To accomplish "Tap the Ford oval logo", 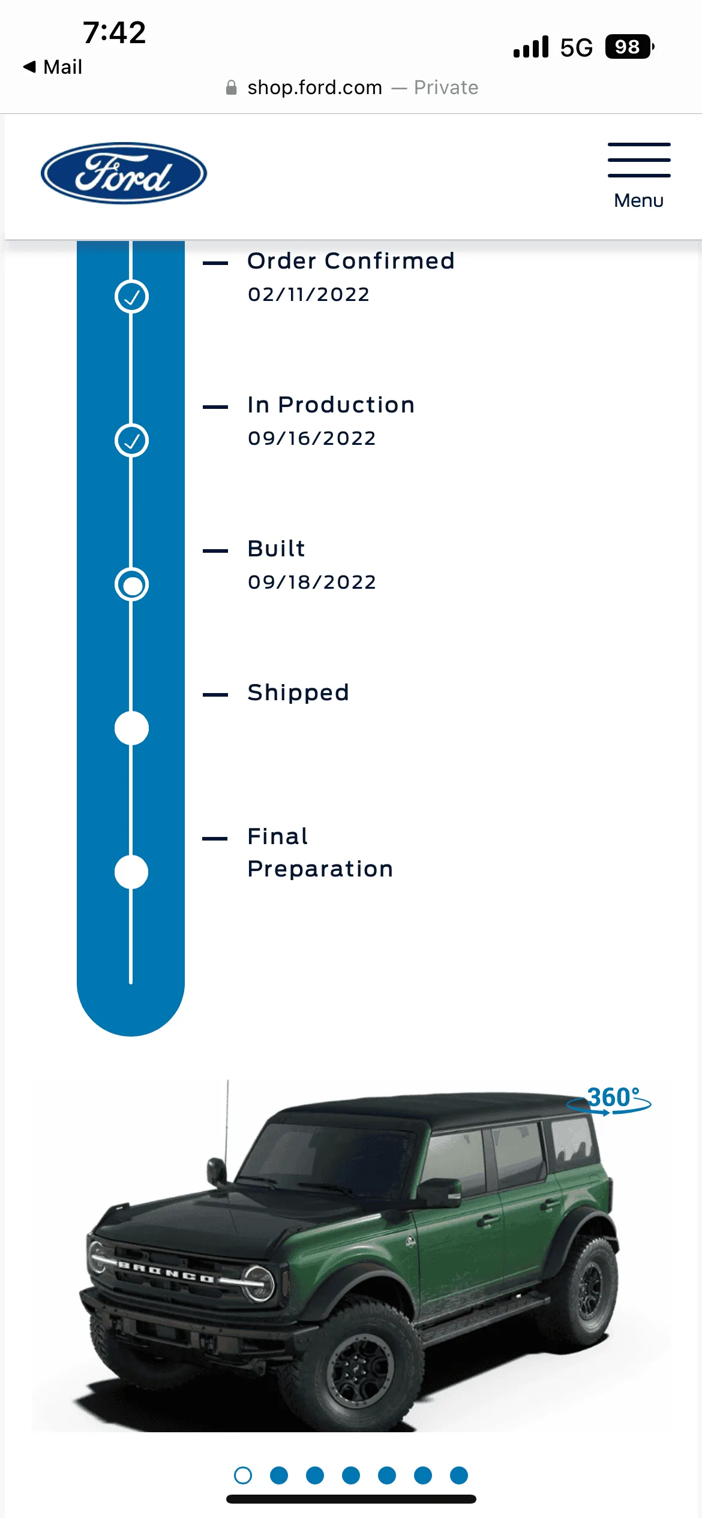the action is click(x=124, y=173).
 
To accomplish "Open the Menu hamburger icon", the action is click(x=639, y=160).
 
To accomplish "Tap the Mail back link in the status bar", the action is click(x=53, y=67).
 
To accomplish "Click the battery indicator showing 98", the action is click(x=629, y=47).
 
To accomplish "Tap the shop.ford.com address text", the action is click(x=315, y=88).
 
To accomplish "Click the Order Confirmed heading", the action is click(x=351, y=261).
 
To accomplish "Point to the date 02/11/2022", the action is click(x=309, y=294).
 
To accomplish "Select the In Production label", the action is click(x=331, y=405).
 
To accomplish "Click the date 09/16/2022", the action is click(x=312, y=438).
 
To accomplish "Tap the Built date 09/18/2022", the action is click(x=312, y=582).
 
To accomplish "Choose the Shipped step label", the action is click(x=298, y=693).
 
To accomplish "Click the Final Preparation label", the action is click(x=320, y=853).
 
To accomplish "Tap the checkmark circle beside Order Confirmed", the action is click(x=131, y=297).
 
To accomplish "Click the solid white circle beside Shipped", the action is click(x=131, y=728).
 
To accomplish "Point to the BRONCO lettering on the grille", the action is click(x=166, y=1272).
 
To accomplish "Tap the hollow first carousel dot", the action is click(x=243, y=1475).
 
